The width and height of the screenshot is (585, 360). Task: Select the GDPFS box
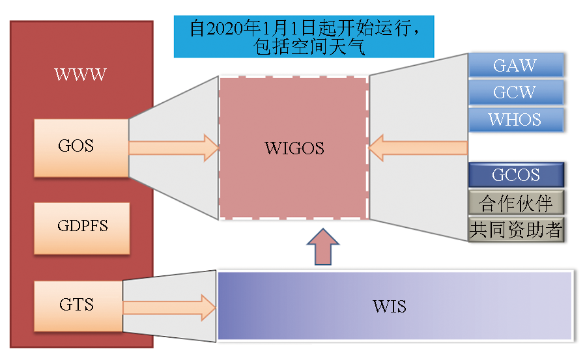click(81, 227)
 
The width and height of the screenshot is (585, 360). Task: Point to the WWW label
click(80, 74)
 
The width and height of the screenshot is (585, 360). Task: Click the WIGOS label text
click(294, 148)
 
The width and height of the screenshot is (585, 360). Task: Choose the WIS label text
click(390, 306)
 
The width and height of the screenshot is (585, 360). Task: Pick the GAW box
click(515, 66)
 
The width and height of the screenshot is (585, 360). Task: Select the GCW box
click(515, 92)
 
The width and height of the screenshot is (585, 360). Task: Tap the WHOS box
click(515, 120)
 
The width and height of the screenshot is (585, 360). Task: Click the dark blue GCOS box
click(515, 175)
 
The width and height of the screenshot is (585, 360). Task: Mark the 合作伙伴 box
click(515, 203)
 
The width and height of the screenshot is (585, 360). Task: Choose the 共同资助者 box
click(515, 229)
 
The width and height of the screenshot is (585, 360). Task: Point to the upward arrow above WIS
click(324, 246)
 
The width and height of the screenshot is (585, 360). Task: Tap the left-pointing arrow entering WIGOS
click(417, 148)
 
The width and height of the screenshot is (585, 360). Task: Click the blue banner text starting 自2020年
click(304, 29)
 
